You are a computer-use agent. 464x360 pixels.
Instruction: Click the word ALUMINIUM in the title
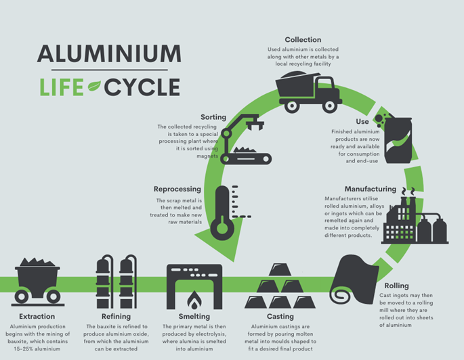[109, 54]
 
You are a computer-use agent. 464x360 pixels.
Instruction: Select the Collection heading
[303, 40]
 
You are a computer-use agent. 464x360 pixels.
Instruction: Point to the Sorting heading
[213, 118]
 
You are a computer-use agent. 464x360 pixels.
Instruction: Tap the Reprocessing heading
[178, 189]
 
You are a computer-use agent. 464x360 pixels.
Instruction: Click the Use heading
[362, 122]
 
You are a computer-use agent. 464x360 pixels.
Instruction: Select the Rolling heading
[396, 286]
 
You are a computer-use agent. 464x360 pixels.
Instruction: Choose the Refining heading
[116, 316]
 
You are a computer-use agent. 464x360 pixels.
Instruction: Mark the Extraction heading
[37, 316]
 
